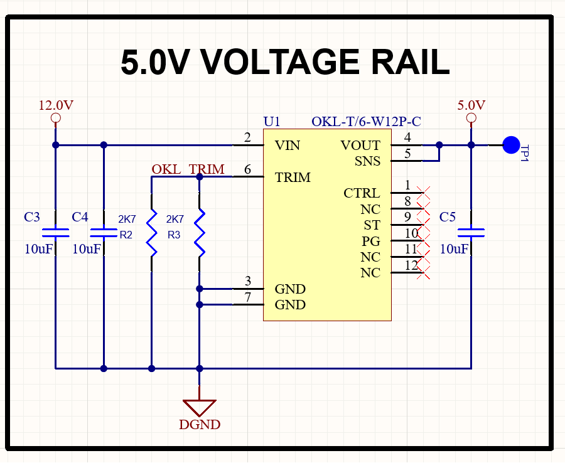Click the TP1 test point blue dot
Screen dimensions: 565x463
click(511, 145)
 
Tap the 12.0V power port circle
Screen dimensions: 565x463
click(55, 118)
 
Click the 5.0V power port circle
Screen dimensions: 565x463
click(471, 118)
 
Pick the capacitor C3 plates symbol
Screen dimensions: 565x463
click(55, 233)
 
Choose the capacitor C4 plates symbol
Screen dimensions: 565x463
click(104, 233)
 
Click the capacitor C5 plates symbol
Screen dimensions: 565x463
click(471, 233)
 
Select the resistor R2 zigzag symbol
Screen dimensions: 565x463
click(152, 233)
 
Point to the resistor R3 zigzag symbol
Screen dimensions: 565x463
click(200, 233)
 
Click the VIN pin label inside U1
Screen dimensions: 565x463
click(287, 146)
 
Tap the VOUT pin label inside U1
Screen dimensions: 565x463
click(360, 146)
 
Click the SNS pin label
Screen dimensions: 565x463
click(367, 161)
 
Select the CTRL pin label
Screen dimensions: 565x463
click(362, 193)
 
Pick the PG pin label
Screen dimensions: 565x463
click(371, 241)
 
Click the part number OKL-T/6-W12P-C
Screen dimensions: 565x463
click(366, 122)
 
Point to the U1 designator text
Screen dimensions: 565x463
click(272, 122)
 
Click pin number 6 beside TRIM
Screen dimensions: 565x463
click(247, 169)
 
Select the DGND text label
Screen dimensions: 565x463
click(200, 425)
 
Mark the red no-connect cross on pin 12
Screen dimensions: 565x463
click(423, 272)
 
